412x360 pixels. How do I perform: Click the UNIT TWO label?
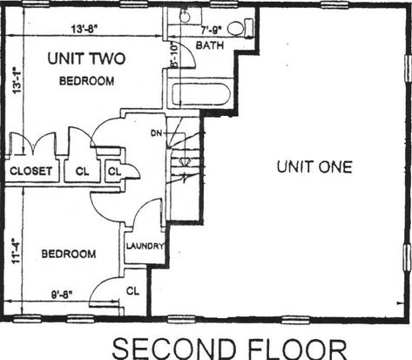coord(86,58)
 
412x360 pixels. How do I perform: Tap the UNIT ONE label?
coord(314,167)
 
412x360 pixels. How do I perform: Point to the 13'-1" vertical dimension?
coord(17,80)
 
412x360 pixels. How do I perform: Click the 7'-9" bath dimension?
coord(212,29)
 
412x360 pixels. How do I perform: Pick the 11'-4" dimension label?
coord(16,251)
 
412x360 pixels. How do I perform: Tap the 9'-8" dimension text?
coord(62,295)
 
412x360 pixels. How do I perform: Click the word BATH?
coord(210,45)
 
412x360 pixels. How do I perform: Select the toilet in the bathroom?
coord(240,28)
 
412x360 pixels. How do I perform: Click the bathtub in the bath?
coord(201,94)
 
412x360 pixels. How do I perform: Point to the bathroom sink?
coord(185,15)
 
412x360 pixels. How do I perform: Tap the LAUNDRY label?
coord(145,246)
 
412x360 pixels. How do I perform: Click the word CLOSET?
coord(30,171)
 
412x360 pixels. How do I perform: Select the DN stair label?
coord(156,133)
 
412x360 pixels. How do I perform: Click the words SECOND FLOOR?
coord(229,348)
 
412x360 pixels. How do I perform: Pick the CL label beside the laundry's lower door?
coord(132,291)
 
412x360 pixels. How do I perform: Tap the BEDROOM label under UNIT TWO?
coord(86,81)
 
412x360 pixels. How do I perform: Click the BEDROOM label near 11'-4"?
coord(69,254)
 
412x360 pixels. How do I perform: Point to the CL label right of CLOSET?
coord(82,171)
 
